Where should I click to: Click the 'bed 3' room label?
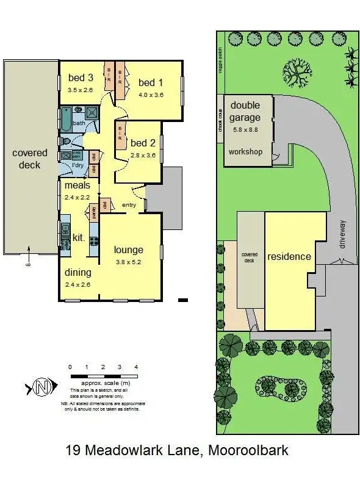tap(81, 77)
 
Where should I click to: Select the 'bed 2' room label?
tap(143, 143)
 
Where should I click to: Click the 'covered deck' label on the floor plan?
tap(29, 159)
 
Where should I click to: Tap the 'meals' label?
tap(77, 185)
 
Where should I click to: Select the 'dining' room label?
tap(77, 272)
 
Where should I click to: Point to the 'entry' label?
tap(129, 205)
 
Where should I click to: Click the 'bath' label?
tap(79, 123)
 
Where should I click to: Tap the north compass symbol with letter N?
tap(41, 386)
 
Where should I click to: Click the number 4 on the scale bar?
tap(136, 367)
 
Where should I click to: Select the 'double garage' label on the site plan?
tap(245, 112)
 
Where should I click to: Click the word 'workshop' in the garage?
tap(245, 151)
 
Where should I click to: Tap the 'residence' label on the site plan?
tap(289, 256)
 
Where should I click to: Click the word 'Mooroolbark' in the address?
tap(248, 451)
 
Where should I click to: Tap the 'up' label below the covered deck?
tap(27, 264)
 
